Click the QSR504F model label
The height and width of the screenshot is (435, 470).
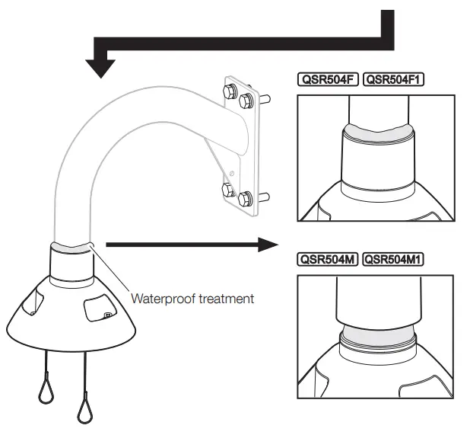tap(328, 79)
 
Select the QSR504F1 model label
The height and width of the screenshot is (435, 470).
tap(392, 79)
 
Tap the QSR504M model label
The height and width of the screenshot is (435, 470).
tap(328, 261)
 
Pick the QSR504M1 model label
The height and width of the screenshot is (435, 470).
tap(392, 261)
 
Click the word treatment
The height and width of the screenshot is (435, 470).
tap(226, 299)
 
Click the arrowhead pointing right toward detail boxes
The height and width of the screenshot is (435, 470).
tap(266, 245)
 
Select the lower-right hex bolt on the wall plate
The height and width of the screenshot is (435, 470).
tap(245, 200)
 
